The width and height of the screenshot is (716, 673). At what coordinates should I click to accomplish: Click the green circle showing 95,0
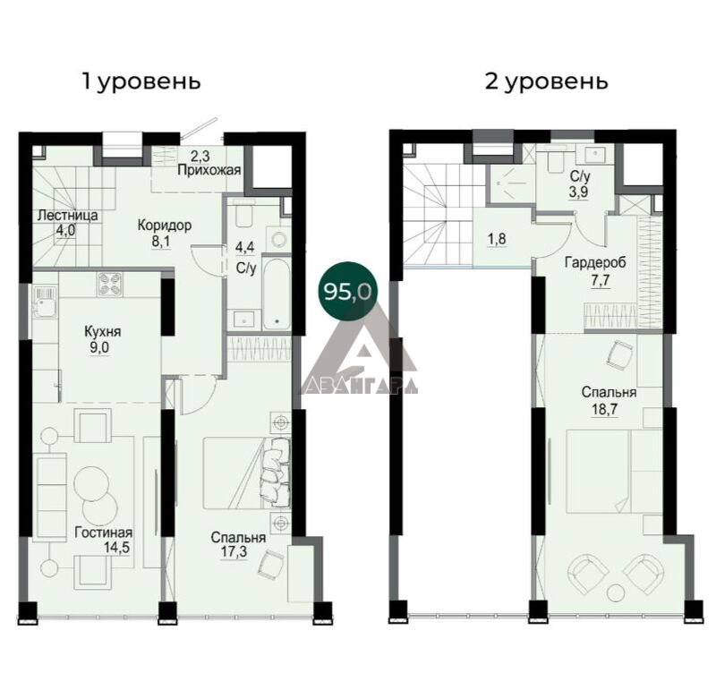pos(345,291)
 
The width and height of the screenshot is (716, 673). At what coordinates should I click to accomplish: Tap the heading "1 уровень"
pos(141,82)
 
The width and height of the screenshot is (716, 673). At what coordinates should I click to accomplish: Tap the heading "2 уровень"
pos(547,82)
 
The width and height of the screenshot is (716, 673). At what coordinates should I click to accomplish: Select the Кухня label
pos(103,331)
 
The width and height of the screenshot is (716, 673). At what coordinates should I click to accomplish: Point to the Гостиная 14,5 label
pos(104,540)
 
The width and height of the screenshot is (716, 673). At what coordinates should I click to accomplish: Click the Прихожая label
pos(209,171)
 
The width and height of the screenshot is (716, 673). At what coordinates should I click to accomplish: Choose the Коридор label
pos(165,226)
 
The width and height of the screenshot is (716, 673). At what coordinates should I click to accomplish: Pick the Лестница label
pos(68,215)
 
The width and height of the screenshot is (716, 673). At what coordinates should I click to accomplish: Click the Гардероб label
pos(595,262)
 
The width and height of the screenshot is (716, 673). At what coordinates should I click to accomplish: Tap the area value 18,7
pos(606,409)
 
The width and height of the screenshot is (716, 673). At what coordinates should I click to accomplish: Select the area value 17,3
pos(234,551)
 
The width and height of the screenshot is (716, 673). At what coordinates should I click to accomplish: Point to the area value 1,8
pos(497,239)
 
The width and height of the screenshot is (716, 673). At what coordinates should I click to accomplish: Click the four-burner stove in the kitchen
pos(109,285)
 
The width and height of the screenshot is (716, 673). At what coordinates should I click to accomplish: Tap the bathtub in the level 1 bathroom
pos(277,294)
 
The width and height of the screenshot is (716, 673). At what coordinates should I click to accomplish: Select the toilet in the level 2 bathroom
pos(555,160)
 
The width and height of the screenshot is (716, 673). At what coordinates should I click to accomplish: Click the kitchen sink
pos(44,302)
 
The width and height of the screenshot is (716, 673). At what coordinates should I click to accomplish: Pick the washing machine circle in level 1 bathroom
pos(277,239)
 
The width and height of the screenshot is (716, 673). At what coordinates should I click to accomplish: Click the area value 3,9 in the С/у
pos(578,192)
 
